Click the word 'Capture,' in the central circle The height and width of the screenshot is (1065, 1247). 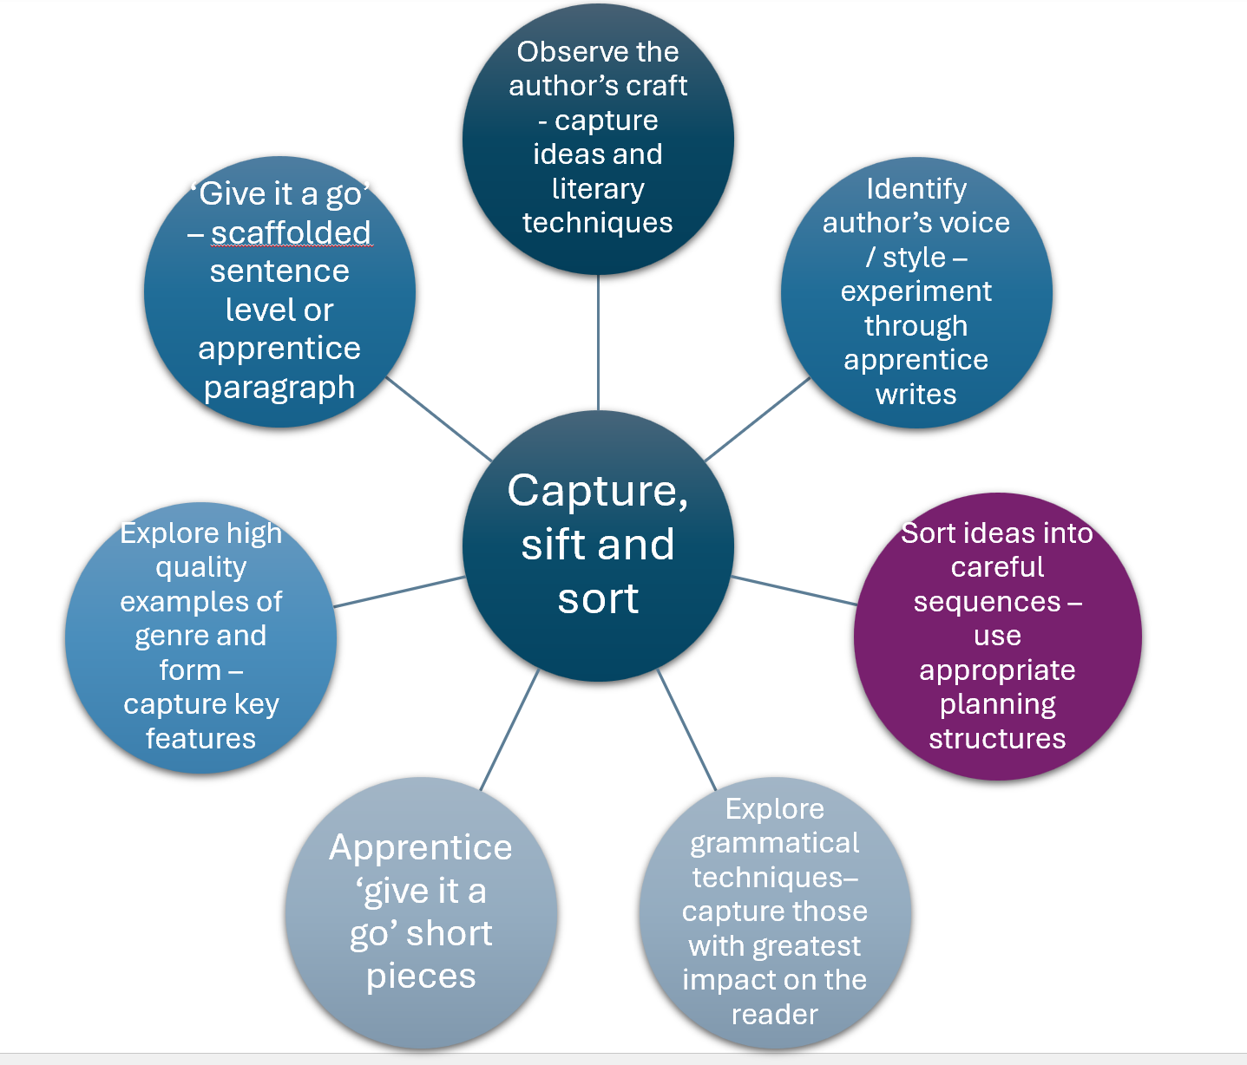coord(597,492)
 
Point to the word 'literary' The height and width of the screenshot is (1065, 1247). coord(598,189)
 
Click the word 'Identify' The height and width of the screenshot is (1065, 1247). coord(916,189)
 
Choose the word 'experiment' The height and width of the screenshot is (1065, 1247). coord(916,291)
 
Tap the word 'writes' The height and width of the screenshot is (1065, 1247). coord(916,395)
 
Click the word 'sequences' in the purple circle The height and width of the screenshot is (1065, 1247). coord(987,602)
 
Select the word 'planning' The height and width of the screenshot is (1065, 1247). coord(997,705)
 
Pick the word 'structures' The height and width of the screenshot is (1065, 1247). coord(997,739)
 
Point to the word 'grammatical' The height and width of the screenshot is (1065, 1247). coord(774,843)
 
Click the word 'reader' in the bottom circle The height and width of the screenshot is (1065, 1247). coord(774,1015)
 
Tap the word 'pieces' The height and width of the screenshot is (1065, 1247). coord(421,977)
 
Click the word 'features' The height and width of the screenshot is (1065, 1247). coord(200,739)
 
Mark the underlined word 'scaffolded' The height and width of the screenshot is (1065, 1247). coord(291,233)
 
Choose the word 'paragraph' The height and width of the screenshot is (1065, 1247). coord(279,388)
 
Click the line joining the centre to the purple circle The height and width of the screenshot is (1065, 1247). coord(794,590)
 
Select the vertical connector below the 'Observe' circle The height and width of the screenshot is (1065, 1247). coord(598,343)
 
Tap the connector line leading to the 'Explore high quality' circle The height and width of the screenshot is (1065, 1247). coord(399,591)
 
